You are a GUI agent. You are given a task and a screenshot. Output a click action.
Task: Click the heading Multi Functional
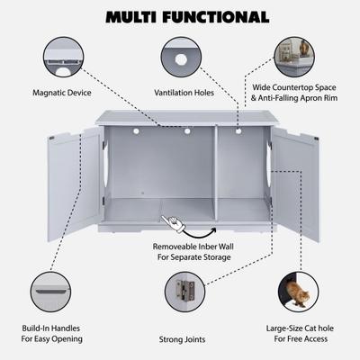tap(186, 16)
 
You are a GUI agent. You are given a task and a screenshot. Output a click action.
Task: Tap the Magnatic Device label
tap(62, 92)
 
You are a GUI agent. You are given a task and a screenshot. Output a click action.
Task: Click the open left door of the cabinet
tap(76, 184)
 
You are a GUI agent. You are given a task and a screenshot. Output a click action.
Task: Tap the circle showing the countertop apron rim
tap(294, 57)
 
